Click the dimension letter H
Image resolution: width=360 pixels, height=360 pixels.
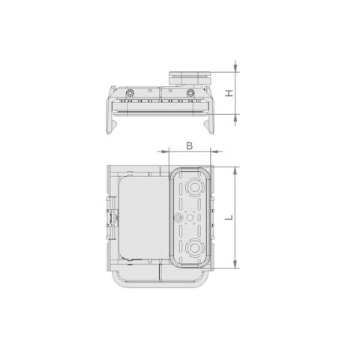click(x=229, y=93)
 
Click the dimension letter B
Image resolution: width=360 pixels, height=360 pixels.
click(x=190, y=145)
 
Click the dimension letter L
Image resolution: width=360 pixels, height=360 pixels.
click(x=229, y=217)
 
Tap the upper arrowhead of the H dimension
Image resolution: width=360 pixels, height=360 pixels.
click(x=235, y=67)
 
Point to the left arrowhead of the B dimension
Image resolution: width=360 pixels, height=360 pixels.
click(x=164, y=151)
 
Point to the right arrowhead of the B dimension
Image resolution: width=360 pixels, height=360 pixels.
click(x=215, y=151)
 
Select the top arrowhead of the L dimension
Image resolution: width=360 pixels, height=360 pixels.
click(x=235, y=172)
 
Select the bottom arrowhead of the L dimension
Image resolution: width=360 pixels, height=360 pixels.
click(x=235, y=263)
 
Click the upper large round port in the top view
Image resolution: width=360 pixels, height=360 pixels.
click(x=194, y=187)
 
